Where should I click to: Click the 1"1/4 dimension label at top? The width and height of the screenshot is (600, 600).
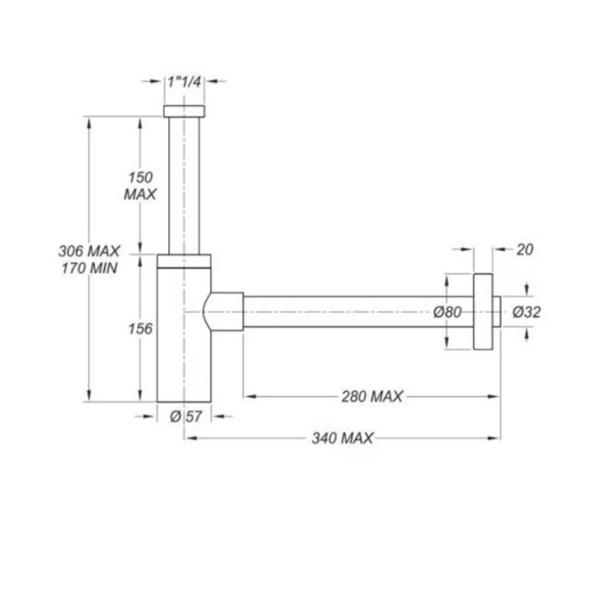point(184,82)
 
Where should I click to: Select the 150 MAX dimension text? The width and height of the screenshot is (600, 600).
point(140,186)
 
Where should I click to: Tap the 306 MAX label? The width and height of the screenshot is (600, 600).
point(89,251)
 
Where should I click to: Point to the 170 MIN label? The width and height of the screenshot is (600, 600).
point(89,268)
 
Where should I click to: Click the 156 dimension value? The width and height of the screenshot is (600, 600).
point(140,329)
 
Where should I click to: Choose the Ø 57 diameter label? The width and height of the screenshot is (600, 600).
point(185,416)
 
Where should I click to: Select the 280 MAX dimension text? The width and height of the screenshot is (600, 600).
point(372,397)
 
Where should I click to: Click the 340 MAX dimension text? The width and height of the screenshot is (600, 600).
point(342,438)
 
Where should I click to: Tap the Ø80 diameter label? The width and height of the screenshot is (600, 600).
point(448,312)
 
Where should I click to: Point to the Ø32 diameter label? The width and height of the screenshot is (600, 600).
point(527,312)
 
